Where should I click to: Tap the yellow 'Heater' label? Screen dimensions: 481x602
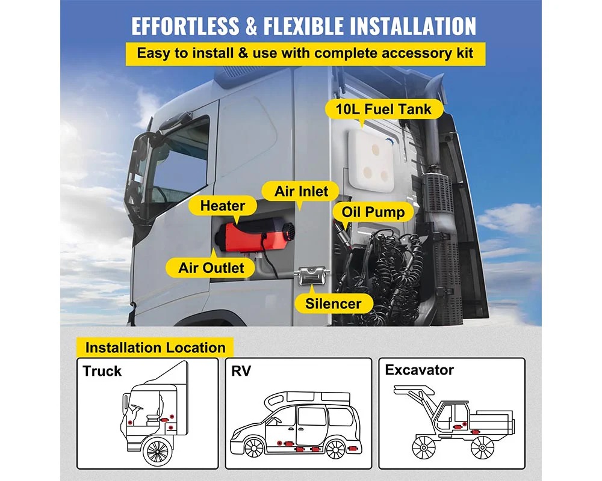223,206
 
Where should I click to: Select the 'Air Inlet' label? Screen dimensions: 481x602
302,192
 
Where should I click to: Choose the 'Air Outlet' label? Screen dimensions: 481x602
211,268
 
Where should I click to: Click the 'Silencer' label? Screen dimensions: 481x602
333,303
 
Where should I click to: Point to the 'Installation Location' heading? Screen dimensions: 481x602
155,348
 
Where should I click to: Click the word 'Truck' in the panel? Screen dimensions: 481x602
102,370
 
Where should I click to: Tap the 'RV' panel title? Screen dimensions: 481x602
241,370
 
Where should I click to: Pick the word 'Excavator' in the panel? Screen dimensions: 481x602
420,370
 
